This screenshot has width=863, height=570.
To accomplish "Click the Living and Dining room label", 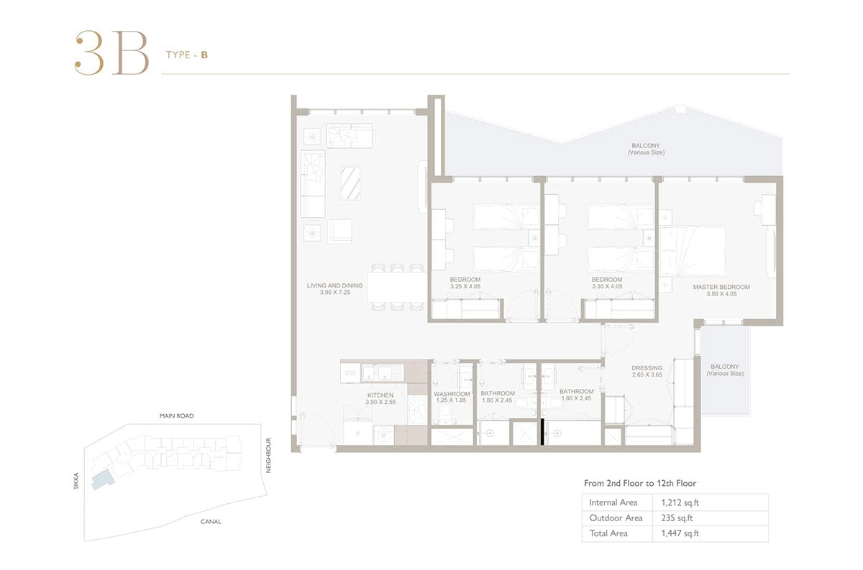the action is tap(334, 285).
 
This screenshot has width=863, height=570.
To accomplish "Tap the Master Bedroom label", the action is tap(721, 287).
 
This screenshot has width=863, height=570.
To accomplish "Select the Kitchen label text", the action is tap(380, 395).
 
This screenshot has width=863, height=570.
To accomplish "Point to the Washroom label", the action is tap(452, 394).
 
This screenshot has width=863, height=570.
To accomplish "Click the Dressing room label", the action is tap(647, 368).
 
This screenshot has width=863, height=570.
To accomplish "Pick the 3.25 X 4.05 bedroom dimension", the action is tap(465, 286).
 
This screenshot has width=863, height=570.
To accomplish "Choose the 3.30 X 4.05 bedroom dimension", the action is tap(607, 286).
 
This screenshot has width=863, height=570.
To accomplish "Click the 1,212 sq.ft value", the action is tap(680, 502).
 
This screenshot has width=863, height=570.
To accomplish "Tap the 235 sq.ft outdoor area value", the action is tap(677, 518).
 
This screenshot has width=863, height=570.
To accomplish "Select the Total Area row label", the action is tap(608, 533).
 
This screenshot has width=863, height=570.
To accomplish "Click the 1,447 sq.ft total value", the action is tap(680, 533).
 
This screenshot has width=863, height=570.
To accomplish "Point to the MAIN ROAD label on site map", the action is tap(176, 415).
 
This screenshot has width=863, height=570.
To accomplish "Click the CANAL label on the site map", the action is tap(211, 521).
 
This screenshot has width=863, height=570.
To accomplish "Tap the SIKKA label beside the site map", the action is tap(76, 481).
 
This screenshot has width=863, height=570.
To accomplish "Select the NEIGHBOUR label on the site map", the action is tap(268, 455).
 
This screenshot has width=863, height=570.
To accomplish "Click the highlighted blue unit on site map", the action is tap(103, 481).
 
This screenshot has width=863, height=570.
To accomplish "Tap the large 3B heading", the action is tap(111, 52).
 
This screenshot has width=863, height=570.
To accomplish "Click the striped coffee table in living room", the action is tap(350, 183).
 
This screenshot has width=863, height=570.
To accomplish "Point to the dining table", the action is tap(397, 288).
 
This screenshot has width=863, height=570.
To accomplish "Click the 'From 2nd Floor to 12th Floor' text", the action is tap(640, 483).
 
